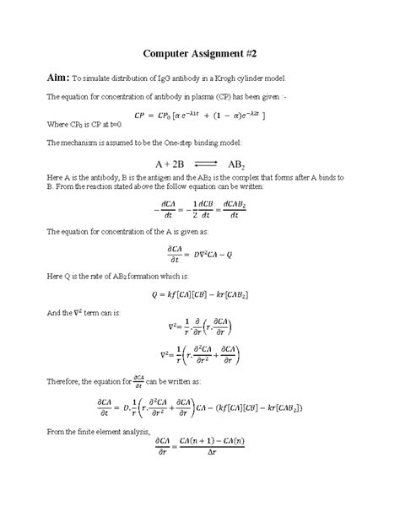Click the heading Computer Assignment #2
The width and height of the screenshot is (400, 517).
(199, 51)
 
